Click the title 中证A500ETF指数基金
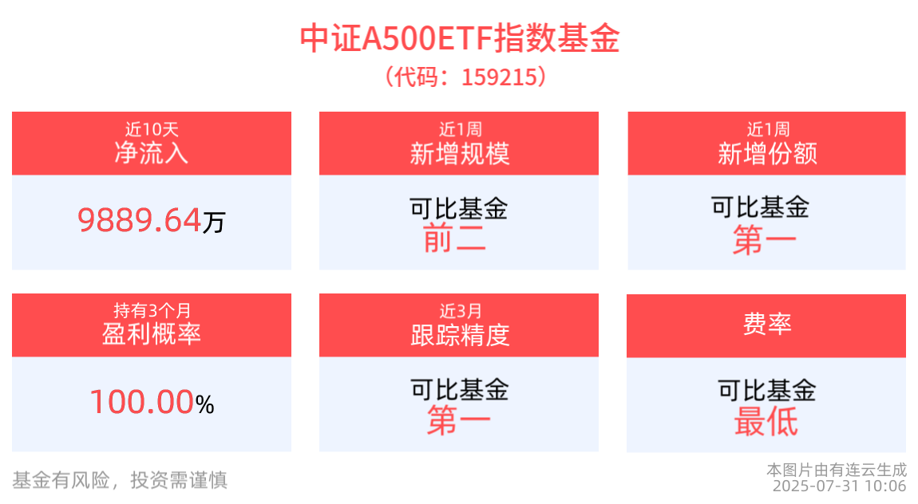click(459, 38)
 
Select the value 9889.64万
click(151, 220)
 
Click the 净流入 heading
click(151, 152)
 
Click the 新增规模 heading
click(459, 153)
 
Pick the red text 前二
click(454, 238)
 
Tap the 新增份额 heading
click(766, 153)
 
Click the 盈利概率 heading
click(151, 334)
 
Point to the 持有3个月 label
click(151, 310)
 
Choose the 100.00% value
click(151, 402)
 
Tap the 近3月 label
click(459, 310)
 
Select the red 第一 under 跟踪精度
click(458, 421)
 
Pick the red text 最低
click(766, 421)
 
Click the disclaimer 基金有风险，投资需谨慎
click(120, 479)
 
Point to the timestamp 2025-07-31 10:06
click(839, 486)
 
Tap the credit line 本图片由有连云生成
click(837, 470)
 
